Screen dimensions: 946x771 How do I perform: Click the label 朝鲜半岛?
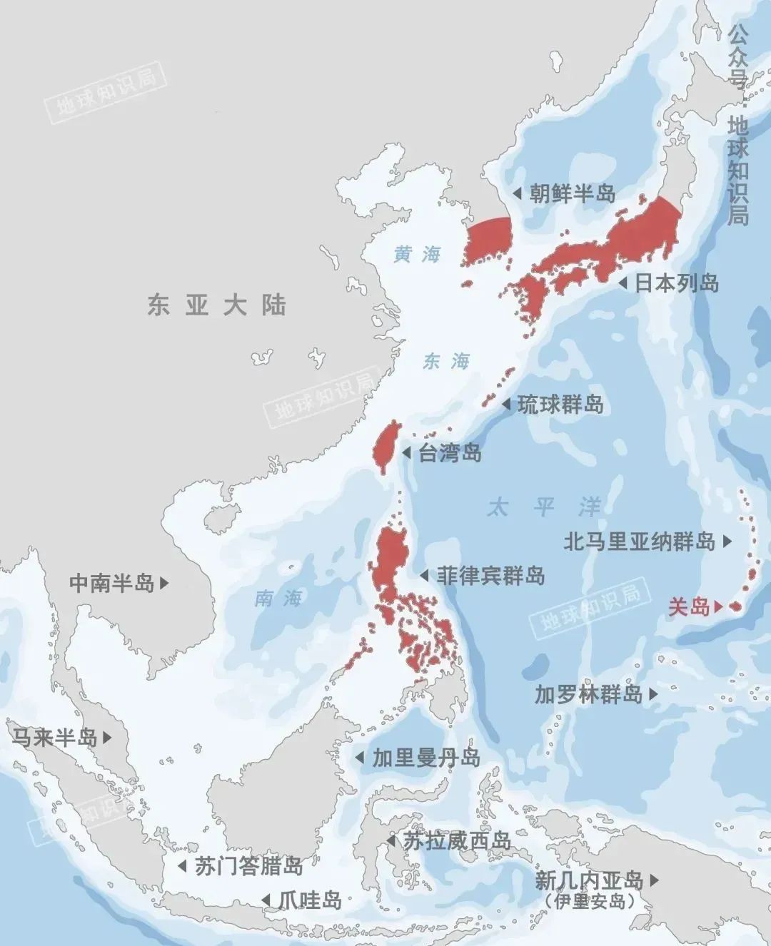[572, 193]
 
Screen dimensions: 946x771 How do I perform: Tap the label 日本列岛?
[676, 283]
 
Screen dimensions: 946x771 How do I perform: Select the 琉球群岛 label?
[560, 405]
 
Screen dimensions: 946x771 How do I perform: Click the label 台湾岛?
[449, 452]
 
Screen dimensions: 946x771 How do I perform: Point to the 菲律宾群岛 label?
[490, 575]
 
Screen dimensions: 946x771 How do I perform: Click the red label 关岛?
[688, 606]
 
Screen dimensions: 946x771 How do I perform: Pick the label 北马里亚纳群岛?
[639, 541]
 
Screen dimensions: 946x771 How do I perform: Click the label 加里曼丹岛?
[426, 758]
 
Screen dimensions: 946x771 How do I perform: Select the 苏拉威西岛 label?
[457, 841]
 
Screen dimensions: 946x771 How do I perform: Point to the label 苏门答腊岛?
[248, 866]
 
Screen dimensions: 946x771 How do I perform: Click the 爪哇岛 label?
[311, 900]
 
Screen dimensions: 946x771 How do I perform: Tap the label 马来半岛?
[54, 737]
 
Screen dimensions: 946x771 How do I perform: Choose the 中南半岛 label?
[111, 583]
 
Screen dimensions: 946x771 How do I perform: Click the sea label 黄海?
[418, 254]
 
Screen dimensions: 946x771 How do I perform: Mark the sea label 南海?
[278, 598]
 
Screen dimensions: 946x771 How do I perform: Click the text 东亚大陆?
[217, 305]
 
